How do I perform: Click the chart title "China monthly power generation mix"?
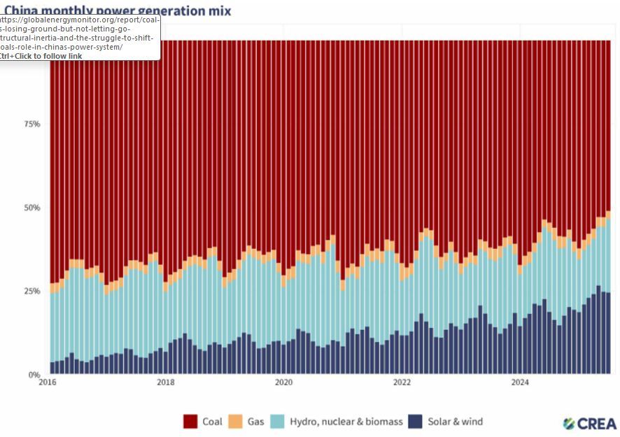point(117,10)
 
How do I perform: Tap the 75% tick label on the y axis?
point(31,124)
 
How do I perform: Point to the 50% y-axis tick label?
point(31,208)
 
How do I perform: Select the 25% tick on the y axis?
point(31,291)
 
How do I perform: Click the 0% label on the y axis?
point(34,375)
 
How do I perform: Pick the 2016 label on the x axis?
point(48,382)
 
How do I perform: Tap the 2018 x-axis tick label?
point(165,382)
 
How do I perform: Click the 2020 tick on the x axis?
point(283,382)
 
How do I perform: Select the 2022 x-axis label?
point(402,382)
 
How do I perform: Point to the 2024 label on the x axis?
point(520,382)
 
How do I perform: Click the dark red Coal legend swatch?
point(190,422)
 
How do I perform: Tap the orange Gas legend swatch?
point(235,422)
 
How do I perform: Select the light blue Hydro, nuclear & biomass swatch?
point(277,422)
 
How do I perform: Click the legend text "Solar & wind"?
point(455,422)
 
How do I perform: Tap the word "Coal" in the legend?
point(212,422)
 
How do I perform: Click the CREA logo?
point(590,423)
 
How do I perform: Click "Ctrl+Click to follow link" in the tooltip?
point(41,56)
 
